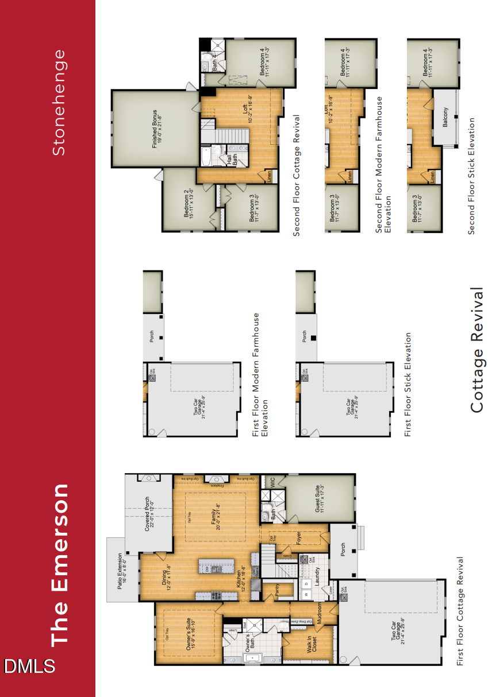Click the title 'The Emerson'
pos(60,566)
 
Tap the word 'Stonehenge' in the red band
pos(59,102)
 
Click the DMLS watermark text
pos(30,666)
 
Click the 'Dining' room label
pos(166,575)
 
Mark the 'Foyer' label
pos(298,537)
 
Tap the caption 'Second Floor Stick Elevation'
pos(472,176)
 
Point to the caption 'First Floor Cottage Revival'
pos(460,611)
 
